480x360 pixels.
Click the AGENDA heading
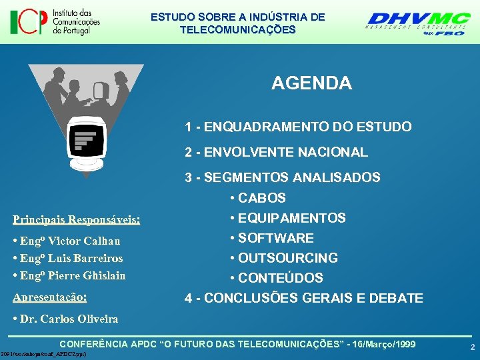pos(311,83)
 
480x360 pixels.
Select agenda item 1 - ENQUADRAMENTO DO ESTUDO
pos(298,127)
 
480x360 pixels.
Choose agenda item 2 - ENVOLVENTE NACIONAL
pos(276,153)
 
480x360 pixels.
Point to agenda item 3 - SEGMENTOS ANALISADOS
pos(283,178)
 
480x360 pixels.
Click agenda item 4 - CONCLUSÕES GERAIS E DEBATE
pos(304,298)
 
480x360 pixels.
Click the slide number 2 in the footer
pos(472,347)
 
